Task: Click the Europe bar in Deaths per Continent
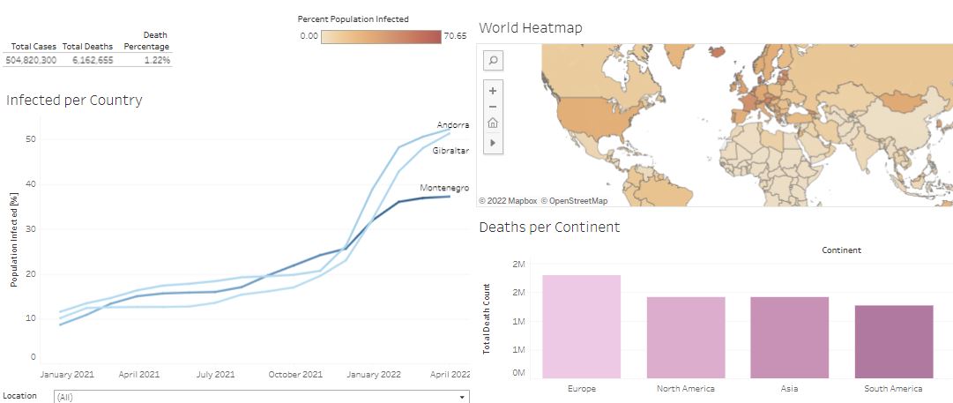(581, 326)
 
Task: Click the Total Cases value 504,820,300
(31, 60)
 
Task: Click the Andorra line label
(453, 125)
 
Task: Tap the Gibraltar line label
(450, 151)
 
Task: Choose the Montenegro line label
(444, 188)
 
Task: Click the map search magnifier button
(493, 60)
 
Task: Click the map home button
(493, 123)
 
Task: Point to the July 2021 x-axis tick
(215, 374)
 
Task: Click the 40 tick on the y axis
(30, 184)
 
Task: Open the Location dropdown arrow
(462, 398)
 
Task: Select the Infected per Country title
(74, 101)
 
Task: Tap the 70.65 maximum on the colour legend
(456, 36)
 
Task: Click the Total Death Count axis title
(488, 318)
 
